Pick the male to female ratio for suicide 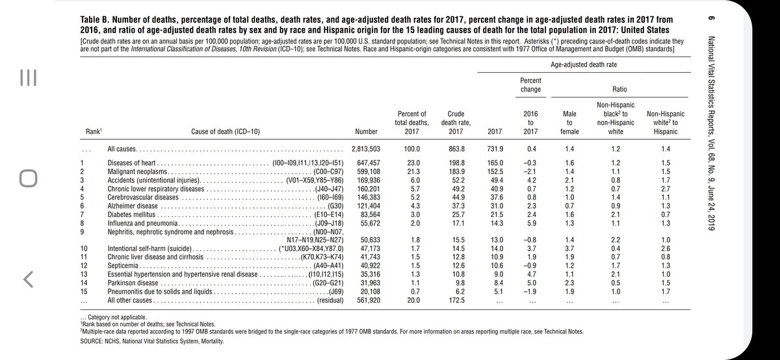click(570, 248)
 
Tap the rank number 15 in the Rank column click(83, 292)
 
